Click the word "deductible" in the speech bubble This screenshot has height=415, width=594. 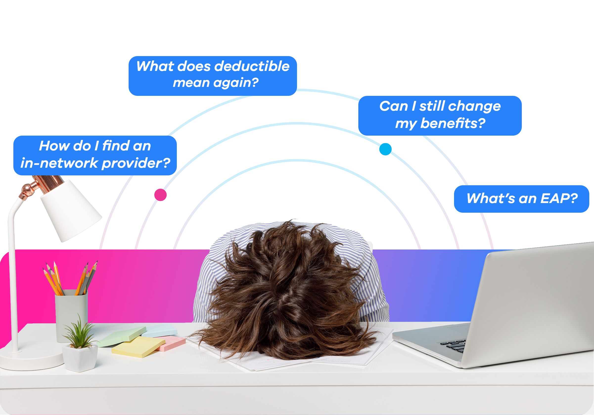(252, 66)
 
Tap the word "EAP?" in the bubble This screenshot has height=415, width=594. (559, 198)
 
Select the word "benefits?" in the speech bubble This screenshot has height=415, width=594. (453, 123)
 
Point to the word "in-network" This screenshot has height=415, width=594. (59, 163)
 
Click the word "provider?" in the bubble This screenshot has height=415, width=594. (136, 163)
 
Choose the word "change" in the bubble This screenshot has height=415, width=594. (475, 106)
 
